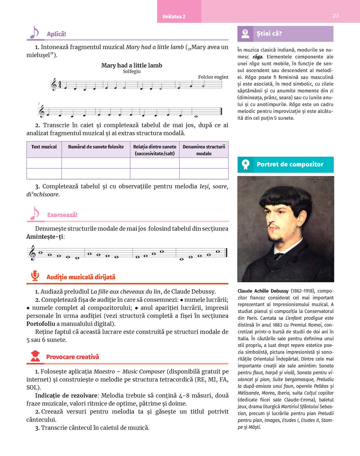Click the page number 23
coord(336,15)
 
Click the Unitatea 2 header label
coord(174,17)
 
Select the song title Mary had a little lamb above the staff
coord(131,65)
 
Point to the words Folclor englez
coord(213,77)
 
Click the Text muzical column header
coord(44,147)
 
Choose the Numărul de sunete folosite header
coord(96,147)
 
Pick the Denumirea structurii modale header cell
coord(204,150)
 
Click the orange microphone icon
coord(35,276)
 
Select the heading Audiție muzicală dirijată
coord(81,277)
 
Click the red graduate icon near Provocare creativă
coord(35,356)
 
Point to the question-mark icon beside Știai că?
coord(245,34)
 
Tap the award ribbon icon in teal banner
coord(246,165)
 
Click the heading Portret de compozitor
coord(290,164)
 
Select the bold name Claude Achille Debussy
coord(263,291)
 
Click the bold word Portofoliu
coord(41,324)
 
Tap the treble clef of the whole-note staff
coord(33,253)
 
